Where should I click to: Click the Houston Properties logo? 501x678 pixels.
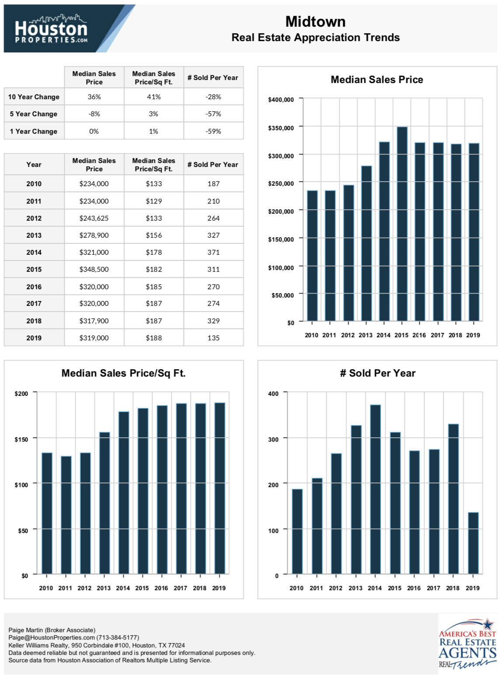click(x=51, y=28)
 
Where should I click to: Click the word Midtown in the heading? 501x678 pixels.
click(x=315, y=22)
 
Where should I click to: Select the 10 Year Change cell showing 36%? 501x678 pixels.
click(x=94, y=97)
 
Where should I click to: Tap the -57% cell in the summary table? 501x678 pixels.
click(x=213, y=114)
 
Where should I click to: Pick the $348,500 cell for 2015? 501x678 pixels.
click(x=94, y=269)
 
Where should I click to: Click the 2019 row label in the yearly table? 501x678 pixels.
click(x=34, y=338)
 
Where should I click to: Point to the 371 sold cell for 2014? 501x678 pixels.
click(x=213, y=252)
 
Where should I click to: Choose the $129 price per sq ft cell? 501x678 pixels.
click(x=153, y=201)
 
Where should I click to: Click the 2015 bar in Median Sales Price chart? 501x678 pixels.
click(x=402, y=224)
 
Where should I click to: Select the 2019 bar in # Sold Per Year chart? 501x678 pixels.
click(x=473, y=543)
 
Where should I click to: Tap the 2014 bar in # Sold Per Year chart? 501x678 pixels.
click(x=375, y=489)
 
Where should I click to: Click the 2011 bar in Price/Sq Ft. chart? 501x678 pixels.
click(x=66, y=515)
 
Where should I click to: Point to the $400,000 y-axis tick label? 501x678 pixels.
click(x=281, y=100)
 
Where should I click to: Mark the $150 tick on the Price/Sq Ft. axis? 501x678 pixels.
click(x=21, y=439)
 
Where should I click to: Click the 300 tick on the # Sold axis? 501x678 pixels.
click(x=273, y=439)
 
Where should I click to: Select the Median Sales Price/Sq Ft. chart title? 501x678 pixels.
click(x=123, y=373)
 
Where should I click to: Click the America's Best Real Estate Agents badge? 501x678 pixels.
click(x=467, y=644)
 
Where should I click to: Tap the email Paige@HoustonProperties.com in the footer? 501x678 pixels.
click(x=52, y=637)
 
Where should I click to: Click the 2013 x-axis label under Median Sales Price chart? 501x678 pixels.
click(x=365, y=335)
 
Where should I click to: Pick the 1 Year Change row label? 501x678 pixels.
click(x=34, y=131)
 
